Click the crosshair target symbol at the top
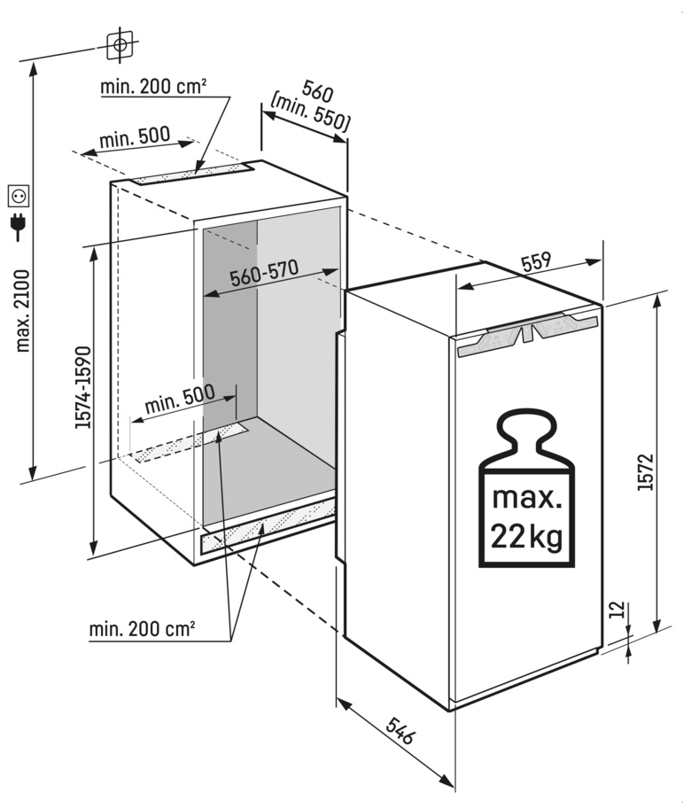pyautogui.click(x=120, y=45)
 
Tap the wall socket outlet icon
pyautogui.click(x=19, y=195)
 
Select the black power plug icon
pyautogui.click(x=19, y=228)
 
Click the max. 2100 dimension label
pyautogui.click(x=23, y=310)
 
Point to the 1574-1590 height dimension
pyautogui.click(x=83, y=387)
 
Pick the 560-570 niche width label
pyautogui.click(x=264, y=273)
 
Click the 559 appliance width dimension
pyautogui.click(x=537, y=261)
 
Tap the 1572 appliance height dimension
pyautogui.click(x=645, y=471)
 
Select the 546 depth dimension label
pyautogui.click(x=400, y=730)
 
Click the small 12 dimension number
pyautogui.click(x=618, y=609)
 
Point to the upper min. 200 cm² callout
pyautogui.click(x=153, y=86)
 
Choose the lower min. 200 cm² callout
pyautogui.click(x=143, y=629)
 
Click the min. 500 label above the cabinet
pyautogui.click(x=135, y=136)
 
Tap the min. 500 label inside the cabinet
pyautogui.click(x=179, y=400)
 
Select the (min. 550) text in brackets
pyautogui.click(x=310, y=113)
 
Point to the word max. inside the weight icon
pyautogui.click(x=526, y=498)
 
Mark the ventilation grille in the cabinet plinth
pyautogui.click(x=268, y=526)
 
